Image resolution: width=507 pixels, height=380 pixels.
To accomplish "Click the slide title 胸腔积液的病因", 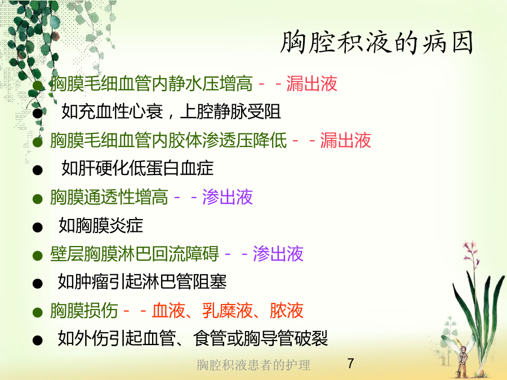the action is [x=377, y=43].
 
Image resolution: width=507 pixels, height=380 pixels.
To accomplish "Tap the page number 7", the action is [x=350, y=364].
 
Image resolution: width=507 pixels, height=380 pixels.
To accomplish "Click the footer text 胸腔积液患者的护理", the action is [x=253, y=365].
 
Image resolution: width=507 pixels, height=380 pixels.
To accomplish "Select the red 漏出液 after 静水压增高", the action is [x=312, y=83].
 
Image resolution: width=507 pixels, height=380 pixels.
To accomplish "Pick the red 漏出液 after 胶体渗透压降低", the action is [x=346, y=140].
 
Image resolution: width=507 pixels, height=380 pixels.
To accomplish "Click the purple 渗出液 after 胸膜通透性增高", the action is [x=228, y=197].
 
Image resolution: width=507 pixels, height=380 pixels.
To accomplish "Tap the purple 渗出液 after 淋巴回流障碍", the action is [x=278, y=254].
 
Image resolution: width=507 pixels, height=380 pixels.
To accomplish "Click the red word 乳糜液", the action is [x=228, y=311].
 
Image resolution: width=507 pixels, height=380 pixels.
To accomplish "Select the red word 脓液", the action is [x=287, y=311].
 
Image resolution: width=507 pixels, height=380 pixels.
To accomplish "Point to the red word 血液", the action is [x=168, y=311].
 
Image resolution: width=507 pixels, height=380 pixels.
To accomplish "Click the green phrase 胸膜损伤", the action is [x=84, y=311].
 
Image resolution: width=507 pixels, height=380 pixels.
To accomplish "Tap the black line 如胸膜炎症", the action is [x=101, y=226].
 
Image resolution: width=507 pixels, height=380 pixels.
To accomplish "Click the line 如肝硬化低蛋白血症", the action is [x=137, y=168].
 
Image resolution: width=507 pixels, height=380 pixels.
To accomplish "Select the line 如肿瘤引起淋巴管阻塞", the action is [x=142, y=282].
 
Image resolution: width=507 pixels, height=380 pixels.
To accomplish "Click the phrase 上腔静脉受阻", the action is [x=230, y=112].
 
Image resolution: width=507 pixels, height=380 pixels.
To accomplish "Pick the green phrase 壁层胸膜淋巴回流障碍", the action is [x=135, y=254].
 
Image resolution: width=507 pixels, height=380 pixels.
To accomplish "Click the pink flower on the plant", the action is [x=471, y=255].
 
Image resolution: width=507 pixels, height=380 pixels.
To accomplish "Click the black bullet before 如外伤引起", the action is [x=38, y=340].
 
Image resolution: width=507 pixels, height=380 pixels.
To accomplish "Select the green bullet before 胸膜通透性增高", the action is [x=38, y=199].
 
